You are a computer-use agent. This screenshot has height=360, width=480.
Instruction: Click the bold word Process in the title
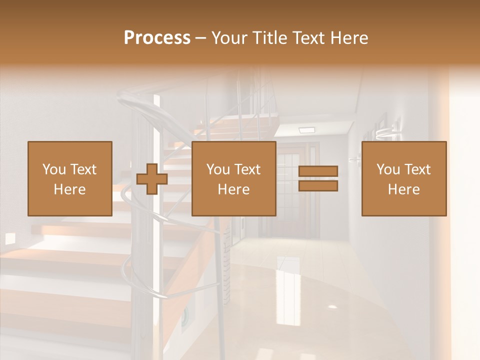pos(157,38)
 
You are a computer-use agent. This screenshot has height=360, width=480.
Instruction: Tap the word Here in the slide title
pos(348,38)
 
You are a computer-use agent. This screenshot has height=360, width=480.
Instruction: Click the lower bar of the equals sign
pos(318,186)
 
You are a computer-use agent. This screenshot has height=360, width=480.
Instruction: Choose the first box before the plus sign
pos(69,178)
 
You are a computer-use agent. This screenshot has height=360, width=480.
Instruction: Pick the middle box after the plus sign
pos(233,178)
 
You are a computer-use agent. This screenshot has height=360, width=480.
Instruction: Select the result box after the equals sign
pos(404,178)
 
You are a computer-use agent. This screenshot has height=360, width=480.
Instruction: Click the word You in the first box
pos(54,169)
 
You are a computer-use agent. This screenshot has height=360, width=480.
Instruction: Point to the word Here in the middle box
pos(233,189)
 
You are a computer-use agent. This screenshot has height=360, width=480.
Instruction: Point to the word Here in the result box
pos(404,189)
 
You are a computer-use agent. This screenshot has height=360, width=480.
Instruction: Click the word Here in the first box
pos(69,189)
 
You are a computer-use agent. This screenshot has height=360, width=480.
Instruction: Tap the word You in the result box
pos(388,169)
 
